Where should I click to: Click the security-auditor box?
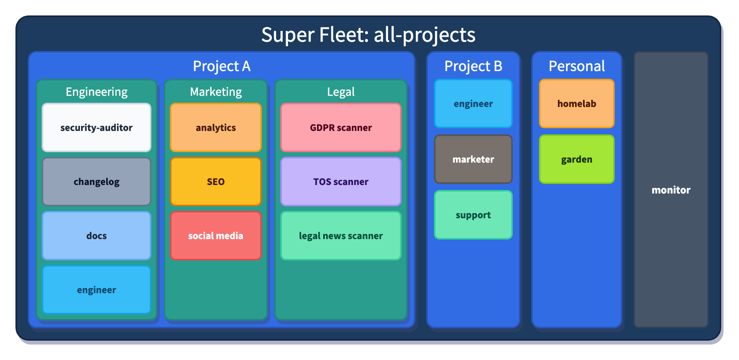tap(96, 127)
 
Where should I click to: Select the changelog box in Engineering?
tap(96, 182)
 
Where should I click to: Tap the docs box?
tap(96, 236)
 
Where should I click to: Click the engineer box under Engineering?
tap(96, 290)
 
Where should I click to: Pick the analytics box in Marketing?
tap(215, 127)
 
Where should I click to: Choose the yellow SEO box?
tap(215, 182)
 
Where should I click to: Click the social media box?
tap(215, 236)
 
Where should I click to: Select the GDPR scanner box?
tap(341, 127)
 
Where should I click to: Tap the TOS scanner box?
tap(341, 182)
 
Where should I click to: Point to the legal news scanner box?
tap(341, 236)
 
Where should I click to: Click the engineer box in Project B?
tap(473, 104)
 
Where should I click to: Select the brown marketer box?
tap(473, 159)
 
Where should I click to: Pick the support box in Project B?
tap(473, 215)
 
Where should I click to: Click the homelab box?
tap(576, 104)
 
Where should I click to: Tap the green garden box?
tap(576, 159)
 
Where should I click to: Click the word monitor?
tap(671, 190)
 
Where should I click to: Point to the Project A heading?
tap(222, 66)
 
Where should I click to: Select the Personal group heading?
tap(576, 66)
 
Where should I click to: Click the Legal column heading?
tap(341, 92)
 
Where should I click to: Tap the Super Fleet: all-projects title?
tap(368, 35)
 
